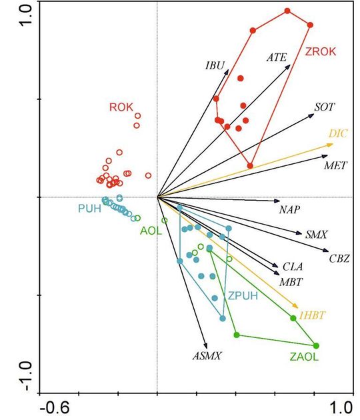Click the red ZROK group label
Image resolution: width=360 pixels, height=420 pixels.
coord(321,52)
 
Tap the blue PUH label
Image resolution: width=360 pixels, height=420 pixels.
coord(89,209)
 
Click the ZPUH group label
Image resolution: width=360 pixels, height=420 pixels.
coord(242,296)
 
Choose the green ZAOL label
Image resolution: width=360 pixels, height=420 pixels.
coord(304,357)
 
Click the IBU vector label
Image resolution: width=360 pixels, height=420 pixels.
coord(215,65)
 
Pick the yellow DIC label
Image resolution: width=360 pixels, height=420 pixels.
coord(339,133)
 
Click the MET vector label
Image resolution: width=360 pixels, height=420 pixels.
coord(335,164)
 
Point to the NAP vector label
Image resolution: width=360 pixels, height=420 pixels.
coord(290,209)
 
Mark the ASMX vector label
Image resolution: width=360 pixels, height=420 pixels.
coord(207,356)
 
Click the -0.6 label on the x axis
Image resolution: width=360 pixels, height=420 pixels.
coord(54,407)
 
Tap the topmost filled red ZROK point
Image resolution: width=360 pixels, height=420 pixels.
coord(287,11)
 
